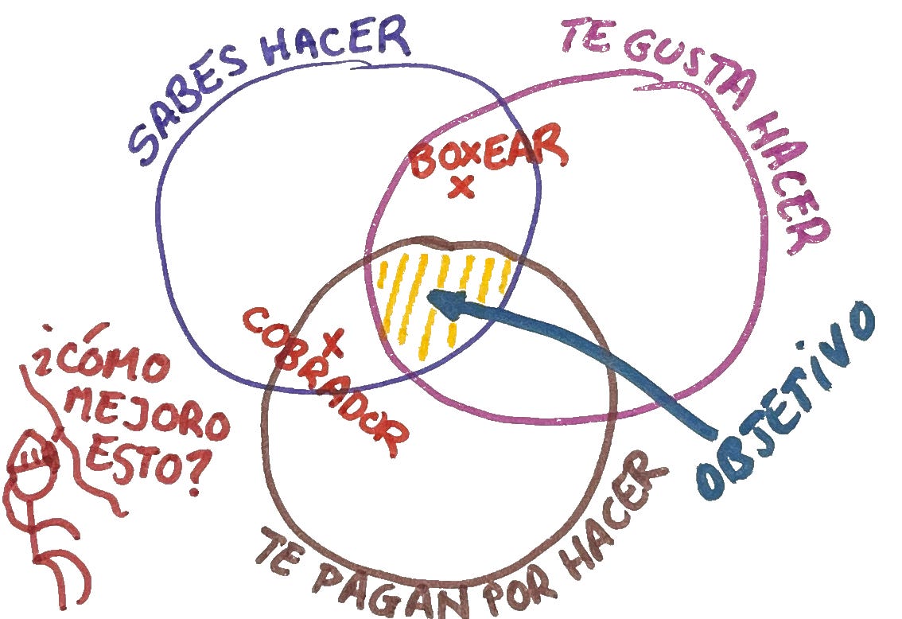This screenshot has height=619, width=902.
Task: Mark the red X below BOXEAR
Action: point(461,188)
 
